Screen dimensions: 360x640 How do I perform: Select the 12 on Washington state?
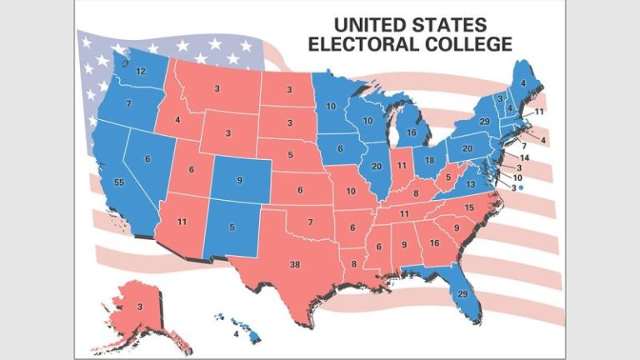click(141, 72)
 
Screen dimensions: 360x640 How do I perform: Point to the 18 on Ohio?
click(429, 160)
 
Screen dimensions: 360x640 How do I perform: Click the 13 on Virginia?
click(471, 184)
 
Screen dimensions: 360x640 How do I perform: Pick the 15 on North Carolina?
click(469, 207)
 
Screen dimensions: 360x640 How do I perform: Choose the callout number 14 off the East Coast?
click(525, 157)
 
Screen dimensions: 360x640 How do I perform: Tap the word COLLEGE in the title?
click(465, 43)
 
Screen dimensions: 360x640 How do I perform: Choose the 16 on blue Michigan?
click(411, 132)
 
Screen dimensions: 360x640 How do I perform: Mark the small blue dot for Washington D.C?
click(521, 188)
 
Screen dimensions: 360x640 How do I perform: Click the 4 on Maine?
click(522, 82)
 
